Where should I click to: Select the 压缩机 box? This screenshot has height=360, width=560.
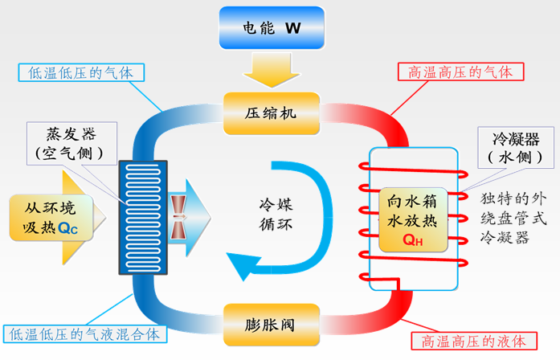click(x=271, y=112)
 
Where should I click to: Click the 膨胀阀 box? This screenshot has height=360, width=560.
click(x=271, y=325)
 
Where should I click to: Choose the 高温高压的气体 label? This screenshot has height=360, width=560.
click(x=461, y=72)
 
